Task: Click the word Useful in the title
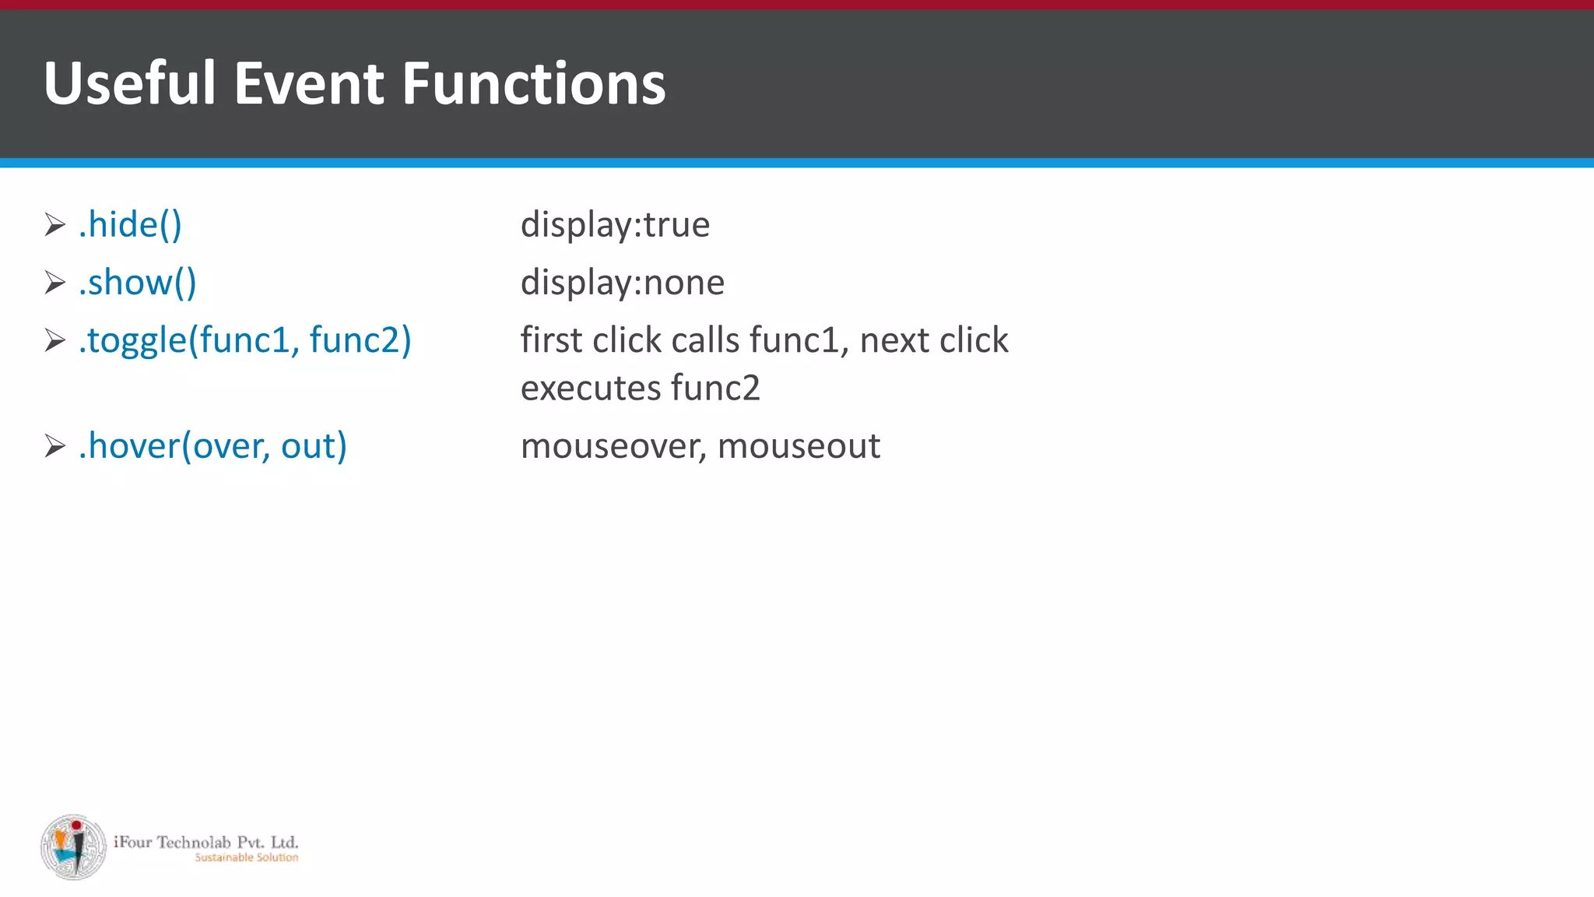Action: pos(129,83)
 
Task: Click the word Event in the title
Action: pos(309,83)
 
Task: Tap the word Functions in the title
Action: pos(534,83)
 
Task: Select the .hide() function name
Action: pos(130,225)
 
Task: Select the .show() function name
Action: pos(138,283)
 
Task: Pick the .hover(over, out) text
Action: pos(212,446)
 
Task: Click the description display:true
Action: pos(615,225)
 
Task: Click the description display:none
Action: pos(622,283)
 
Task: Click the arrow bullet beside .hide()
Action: pos(54,225)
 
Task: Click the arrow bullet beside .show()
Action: pos(54,283)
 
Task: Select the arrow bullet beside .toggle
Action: pos(54,340)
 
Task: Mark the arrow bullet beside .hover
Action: pos(54,446)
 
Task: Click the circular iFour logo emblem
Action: pos(73,847)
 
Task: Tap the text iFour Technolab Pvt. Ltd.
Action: pos(205,842)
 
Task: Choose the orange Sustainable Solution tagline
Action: pos(246,857)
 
